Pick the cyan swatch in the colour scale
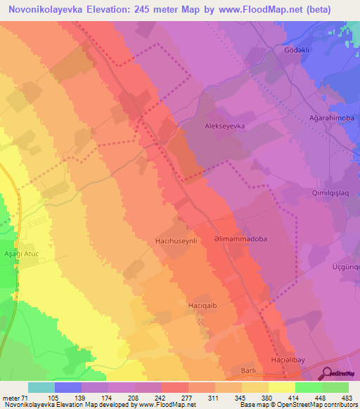(41, 387)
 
